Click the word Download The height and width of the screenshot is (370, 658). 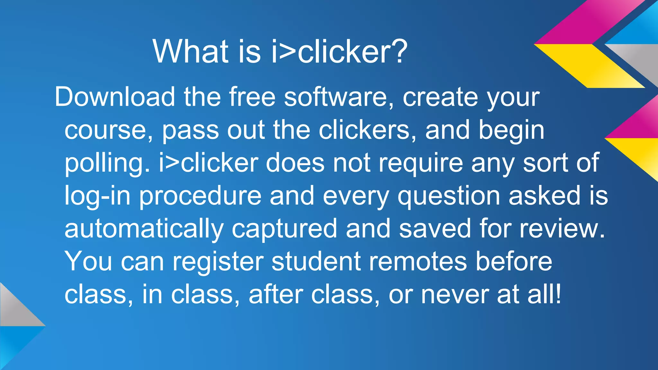tap(115, 97)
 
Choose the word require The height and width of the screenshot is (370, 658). tap(421, 163)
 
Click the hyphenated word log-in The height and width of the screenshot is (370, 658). tap(97, 196)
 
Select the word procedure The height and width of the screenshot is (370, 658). tap(200, 196)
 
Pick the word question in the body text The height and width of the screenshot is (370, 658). tap(449, 196)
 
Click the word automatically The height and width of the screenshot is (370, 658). tap(144, 229)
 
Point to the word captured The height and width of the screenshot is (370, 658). tap(284, 229)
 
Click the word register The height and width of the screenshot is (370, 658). tap(218, 262)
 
